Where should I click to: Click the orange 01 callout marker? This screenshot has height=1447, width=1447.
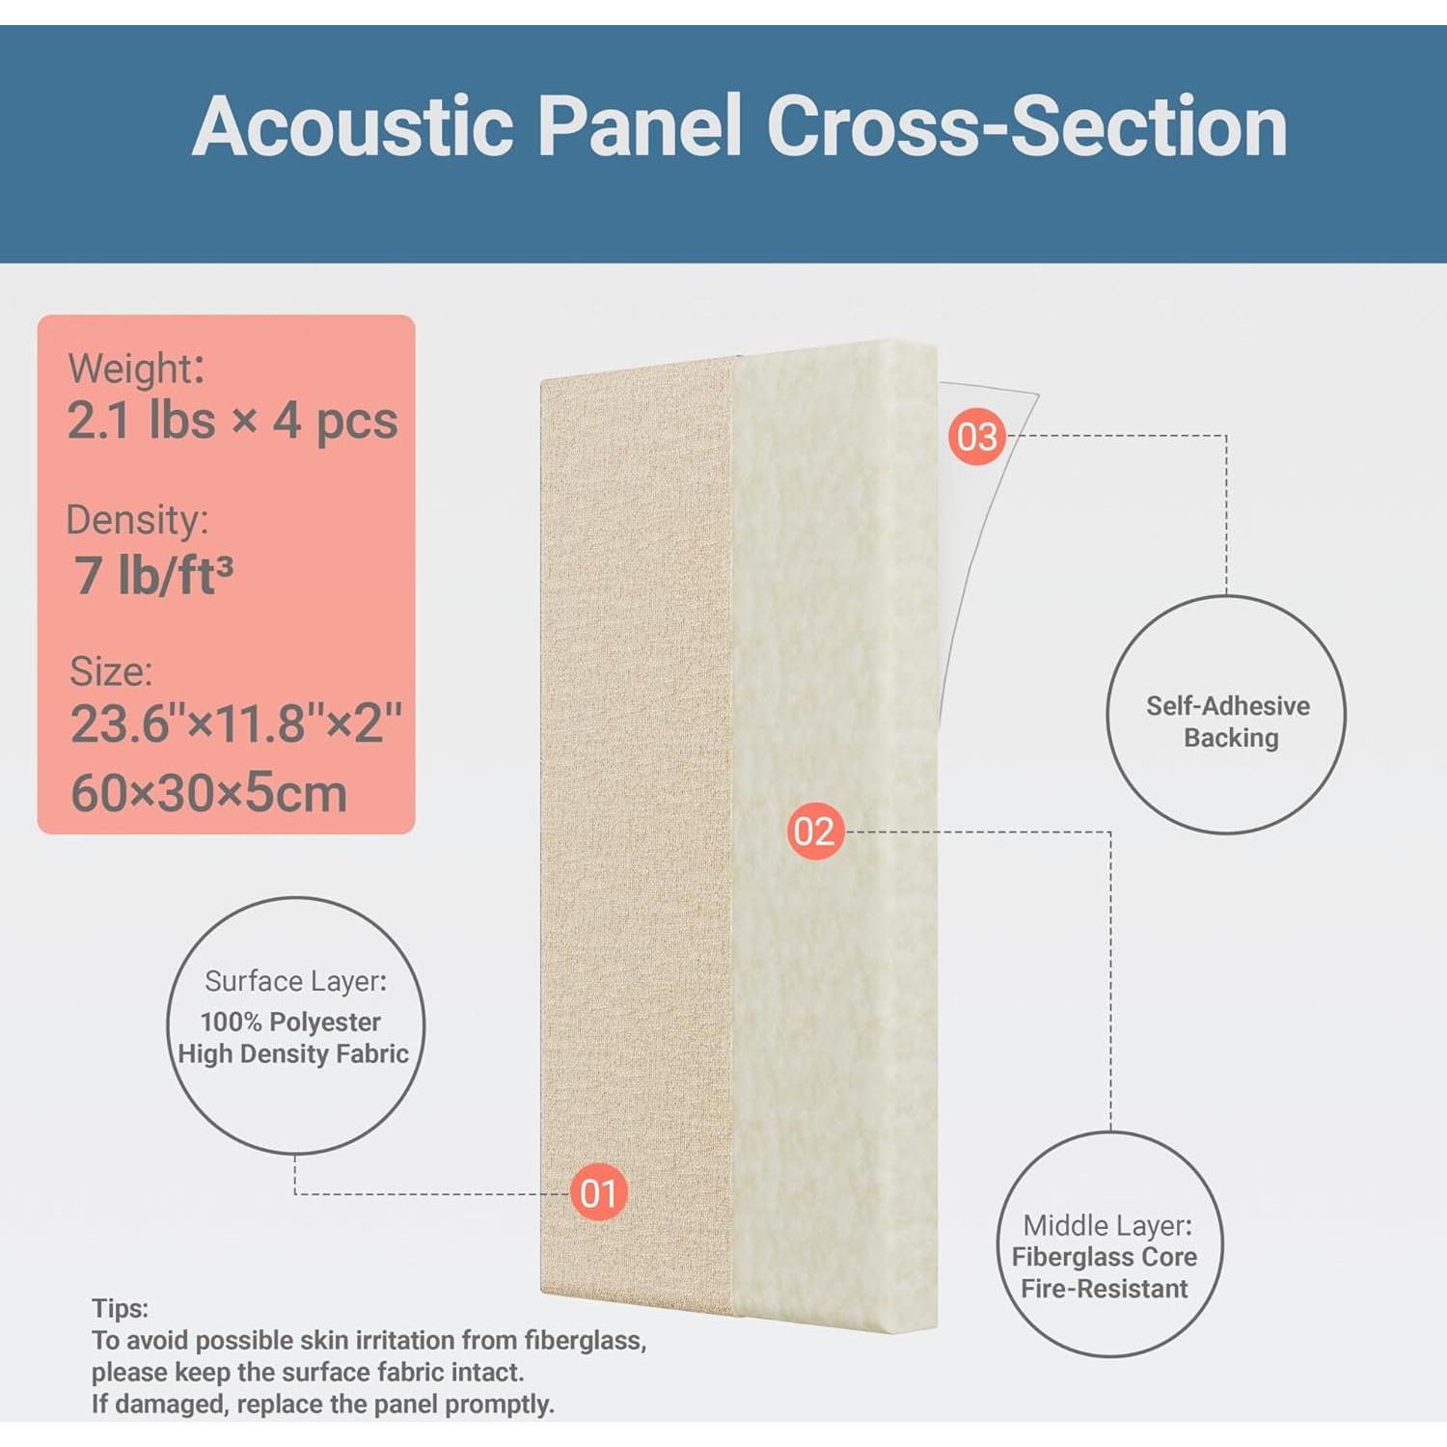(598, 1192)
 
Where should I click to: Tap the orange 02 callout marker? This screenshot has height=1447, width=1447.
(815, 831)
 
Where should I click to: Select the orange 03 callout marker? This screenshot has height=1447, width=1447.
(976, 436)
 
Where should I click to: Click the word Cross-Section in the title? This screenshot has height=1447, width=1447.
(1026, 126)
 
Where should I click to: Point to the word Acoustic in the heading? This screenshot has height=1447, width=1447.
(353, 126)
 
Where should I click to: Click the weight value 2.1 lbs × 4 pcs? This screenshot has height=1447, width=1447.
(232, 421)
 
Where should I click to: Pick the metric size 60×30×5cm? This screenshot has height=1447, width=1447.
(209, 793)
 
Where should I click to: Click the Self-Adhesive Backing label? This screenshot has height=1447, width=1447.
(1228, 722)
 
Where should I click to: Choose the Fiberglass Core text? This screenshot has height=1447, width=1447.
(1105, 1257)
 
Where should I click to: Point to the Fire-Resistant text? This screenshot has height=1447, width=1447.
(1105, 1289)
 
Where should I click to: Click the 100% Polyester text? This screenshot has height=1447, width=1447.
(290, 1022)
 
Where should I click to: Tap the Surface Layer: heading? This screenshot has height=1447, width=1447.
(295, 981)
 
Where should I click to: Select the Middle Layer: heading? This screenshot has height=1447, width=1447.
(1107, 1225)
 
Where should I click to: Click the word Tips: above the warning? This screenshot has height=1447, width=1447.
(121, 1308)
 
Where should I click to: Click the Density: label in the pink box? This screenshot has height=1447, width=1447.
(137, 520)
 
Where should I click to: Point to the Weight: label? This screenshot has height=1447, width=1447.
(136, 369)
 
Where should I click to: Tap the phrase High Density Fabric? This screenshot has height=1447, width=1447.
(293, 1053)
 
